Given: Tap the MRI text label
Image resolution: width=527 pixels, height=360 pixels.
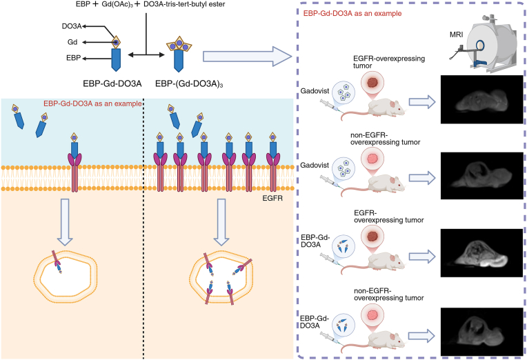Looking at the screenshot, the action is click(x=456, y=34).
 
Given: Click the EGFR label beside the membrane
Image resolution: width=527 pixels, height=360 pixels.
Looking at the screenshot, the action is click(x=272, y=199).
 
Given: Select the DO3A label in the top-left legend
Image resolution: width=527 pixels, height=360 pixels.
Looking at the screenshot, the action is click(x=72, y=26).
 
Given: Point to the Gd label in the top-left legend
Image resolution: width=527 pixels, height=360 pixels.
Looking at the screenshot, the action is click(x=72, y=42).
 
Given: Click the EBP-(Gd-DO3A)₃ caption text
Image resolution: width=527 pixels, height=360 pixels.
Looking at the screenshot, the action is click(x=189, y=83).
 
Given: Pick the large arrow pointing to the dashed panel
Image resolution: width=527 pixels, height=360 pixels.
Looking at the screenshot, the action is click(x=247, y=56).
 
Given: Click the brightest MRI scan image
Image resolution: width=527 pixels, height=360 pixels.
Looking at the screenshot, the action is click(x=481, y=253).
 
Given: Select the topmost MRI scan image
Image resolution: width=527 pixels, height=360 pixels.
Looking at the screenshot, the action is click(x=481, y=99).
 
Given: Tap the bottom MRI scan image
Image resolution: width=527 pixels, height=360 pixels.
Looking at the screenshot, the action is click(x=481, y=332).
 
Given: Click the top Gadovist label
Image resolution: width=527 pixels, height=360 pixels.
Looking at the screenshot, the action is click(x=315, y=91).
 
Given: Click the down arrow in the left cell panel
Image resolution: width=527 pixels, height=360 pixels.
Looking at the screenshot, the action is click(x=65, y=222).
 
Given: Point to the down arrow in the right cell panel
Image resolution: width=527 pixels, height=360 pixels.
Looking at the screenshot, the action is click(x=221, y=222).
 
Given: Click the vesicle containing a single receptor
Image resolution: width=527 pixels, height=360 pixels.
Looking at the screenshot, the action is click(x=66, y=277).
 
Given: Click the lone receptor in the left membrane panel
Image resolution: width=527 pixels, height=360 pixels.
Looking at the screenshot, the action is click(x=74, y=162).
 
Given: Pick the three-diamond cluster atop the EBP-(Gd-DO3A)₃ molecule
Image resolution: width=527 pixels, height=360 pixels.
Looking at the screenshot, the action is click(x=179, y=44).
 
